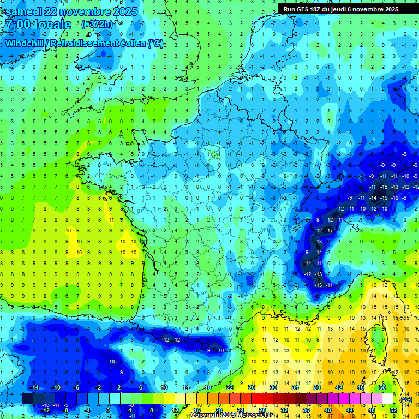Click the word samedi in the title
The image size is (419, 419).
26,11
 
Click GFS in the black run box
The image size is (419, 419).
303,9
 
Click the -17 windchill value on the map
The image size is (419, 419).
329,231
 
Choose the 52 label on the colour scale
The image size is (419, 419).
393,410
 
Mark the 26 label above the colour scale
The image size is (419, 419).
252,387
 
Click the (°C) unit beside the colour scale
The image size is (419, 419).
406,399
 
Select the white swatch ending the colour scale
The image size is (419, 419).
387,399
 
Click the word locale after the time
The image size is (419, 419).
52,25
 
